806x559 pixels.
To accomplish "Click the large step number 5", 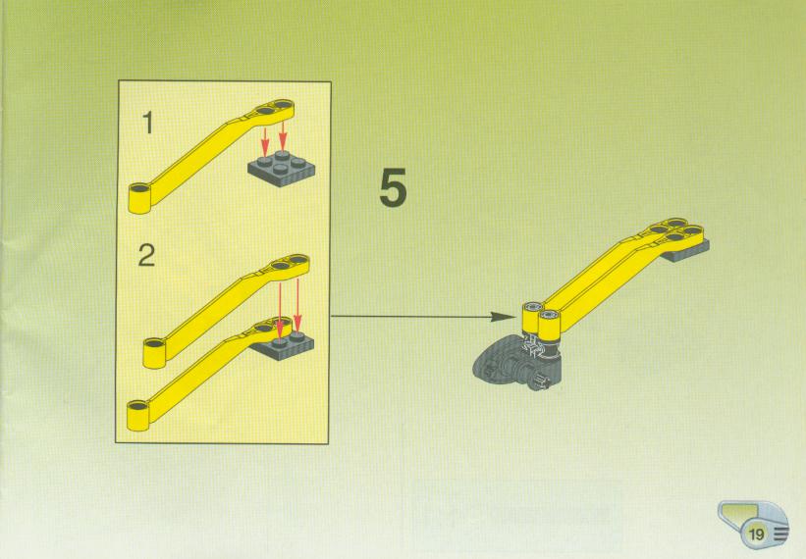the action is coord(394,187).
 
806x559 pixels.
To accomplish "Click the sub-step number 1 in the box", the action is coord(148,124).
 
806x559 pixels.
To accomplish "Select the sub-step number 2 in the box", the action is coord(146,255).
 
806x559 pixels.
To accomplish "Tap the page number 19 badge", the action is coord(757,534).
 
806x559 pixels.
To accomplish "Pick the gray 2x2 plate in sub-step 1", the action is coord(281,169).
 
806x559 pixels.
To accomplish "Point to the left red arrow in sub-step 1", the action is coord(265,141).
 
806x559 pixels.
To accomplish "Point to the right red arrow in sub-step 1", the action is coord(282,136).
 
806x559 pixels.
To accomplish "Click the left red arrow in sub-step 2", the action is coord(280,310).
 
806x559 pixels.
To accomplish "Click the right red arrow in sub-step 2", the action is coord(297,305).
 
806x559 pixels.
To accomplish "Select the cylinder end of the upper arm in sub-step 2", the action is coord(155,352).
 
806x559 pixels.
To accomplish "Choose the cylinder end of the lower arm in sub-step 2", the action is coord(138,415).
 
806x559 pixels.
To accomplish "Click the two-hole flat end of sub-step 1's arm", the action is coord(272,110).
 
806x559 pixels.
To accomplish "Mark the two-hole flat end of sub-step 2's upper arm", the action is coord(288,265).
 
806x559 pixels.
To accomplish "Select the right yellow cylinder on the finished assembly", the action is coord(550,326).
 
